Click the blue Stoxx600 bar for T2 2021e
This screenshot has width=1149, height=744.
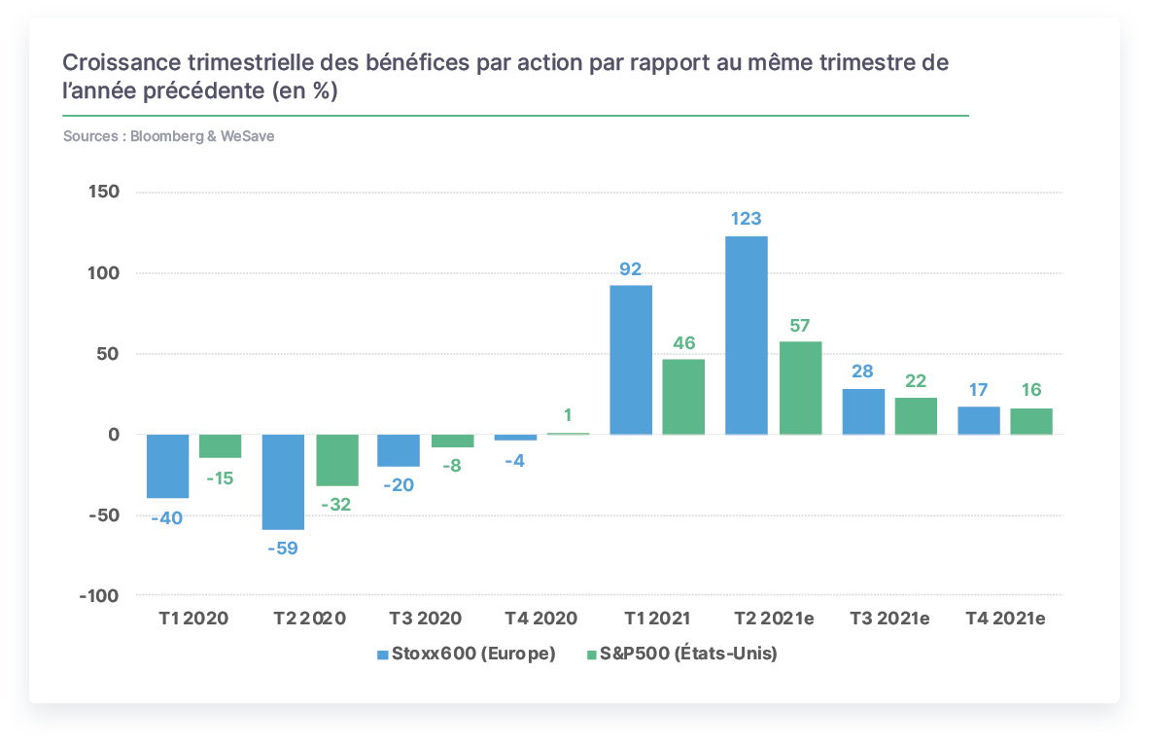tap(746, 335)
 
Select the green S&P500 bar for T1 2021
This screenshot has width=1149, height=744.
tap(683, 397)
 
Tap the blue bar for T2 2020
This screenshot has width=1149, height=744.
tap(284, 481)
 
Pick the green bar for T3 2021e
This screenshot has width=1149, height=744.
tap(916, 416)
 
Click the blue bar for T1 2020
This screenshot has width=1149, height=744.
tap(168, 466)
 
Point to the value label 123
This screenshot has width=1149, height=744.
tap(746, 219)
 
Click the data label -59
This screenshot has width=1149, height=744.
tap(283, 549)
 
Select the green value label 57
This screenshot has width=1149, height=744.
tap(800, 326)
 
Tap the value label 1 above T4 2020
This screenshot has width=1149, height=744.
tap(568, 415)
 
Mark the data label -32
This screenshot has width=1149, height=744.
tap(336, 505)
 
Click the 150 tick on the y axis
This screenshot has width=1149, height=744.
tap(103, 192)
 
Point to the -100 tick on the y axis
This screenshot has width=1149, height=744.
tap(99, 596)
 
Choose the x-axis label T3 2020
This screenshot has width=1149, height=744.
tap(425, 619)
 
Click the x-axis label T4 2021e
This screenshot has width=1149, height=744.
tap(1005, 619)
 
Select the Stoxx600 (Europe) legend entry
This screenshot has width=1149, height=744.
tap(466, 654)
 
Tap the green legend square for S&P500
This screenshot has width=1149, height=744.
tap(591, 655)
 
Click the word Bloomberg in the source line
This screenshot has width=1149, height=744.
tap(167, 136)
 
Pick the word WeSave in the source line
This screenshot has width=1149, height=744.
tap(248, 136)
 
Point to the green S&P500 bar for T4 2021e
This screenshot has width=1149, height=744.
tap(1031, 421)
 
